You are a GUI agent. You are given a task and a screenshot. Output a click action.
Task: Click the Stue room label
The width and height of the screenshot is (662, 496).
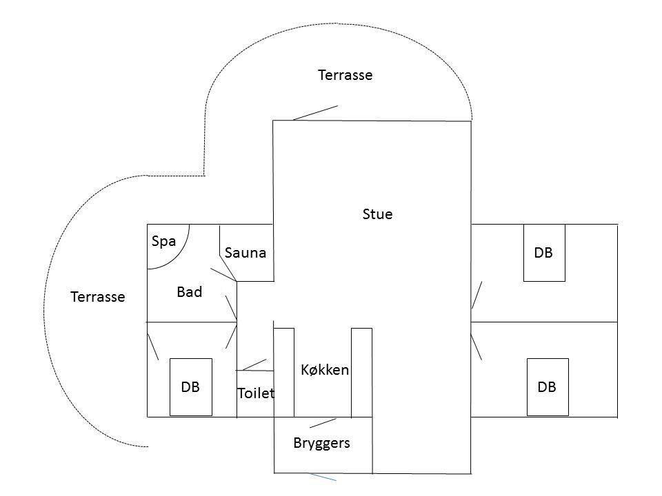[x=377, y=214]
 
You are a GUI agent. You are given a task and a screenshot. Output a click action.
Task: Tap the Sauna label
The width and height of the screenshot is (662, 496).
[x=245, y=253]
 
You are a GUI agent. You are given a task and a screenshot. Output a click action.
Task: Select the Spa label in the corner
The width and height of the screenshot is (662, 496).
[x=164, y=242]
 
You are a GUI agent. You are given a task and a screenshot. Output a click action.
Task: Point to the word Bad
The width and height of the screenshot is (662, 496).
[x=190, y=292]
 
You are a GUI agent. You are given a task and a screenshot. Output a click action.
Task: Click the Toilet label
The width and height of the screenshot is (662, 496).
[x=256, y=393]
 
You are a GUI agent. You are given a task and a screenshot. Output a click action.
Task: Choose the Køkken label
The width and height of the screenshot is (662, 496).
[x=325, y=370]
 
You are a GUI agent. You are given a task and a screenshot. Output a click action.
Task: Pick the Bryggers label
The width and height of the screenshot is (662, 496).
[x=322, y=443]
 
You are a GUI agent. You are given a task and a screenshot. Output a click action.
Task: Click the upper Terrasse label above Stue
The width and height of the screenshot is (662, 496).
[x=345, y=75]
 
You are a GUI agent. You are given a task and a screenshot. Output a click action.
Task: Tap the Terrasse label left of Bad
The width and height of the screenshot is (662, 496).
[x=98, y=297]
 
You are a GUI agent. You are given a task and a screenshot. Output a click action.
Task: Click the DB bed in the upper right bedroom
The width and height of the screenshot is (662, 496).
[x=544, y=253]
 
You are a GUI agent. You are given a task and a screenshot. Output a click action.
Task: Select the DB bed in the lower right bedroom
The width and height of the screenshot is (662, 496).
[x=548, y=387]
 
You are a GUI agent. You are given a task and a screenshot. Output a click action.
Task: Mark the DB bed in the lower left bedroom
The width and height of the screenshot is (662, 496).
[x=191, y=387]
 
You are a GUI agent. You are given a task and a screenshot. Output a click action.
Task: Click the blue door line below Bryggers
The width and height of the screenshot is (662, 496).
[x=322, y=477]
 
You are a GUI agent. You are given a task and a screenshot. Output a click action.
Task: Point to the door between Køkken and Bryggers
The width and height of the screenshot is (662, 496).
[x=323, y=423]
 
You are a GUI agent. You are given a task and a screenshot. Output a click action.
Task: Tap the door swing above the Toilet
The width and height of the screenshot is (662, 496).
[x=254, y=365]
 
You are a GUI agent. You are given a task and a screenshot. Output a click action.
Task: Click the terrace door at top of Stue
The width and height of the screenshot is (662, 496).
[x=315, y=113]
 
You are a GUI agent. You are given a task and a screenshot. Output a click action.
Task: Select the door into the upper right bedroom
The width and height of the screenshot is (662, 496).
[x=477, y=296]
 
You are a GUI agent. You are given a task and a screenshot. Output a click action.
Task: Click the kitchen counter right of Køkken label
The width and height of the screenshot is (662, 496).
[x=362, y=373]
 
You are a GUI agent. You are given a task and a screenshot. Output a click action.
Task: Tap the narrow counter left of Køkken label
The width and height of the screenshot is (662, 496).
[x=284, y=373]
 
